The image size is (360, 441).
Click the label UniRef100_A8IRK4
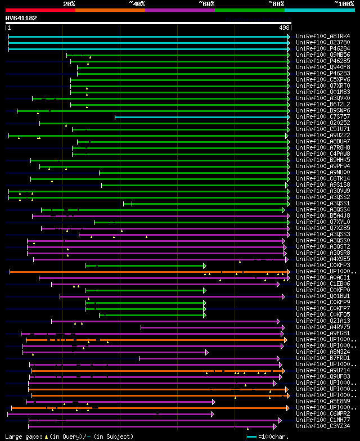coord(323,37)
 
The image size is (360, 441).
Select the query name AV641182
coord(21,18)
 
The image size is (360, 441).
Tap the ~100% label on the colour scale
coord(344,4)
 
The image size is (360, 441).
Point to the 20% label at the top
coord(69,4)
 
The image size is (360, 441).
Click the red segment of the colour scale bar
coord(40,10)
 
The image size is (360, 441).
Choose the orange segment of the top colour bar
coord(110,10)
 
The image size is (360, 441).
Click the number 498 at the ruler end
coord(284,27)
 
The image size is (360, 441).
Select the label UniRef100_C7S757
coord(323,117)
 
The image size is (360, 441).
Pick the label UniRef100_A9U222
coord(323,136)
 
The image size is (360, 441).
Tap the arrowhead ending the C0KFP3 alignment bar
coord(205,265)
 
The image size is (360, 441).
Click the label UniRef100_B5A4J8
coord(323,216)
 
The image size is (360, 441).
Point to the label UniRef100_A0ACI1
coord(323,278)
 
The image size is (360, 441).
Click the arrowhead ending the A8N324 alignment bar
coord(206,352)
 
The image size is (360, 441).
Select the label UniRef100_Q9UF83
coord(323,377)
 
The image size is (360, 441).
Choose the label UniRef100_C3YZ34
coord(323,426)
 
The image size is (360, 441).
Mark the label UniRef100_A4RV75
coord(323,327)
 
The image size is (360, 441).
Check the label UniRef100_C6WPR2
coord(323,414)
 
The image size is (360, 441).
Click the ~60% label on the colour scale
coord(206,4)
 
